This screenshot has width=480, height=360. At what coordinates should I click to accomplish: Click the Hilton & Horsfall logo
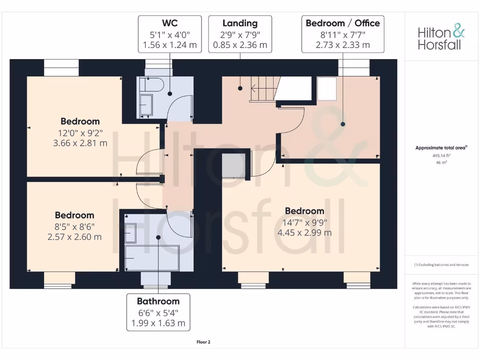[x=442, y=38]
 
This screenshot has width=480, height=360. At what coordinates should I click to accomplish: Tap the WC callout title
[x=169, y=23]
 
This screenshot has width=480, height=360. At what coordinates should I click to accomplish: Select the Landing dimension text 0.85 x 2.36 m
[x=240, y=45]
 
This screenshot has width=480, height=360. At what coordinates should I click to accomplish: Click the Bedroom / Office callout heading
[x=343, y=23]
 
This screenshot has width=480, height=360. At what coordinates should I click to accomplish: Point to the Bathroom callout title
[x=158, y=301]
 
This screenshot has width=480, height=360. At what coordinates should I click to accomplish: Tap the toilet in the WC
[x=154, y=85]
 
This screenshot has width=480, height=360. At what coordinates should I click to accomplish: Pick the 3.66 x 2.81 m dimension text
[x=80, y=142]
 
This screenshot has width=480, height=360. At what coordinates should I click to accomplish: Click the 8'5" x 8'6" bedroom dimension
[x=74, y=226]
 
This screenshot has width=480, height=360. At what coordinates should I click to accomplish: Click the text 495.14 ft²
[x=442, y=156]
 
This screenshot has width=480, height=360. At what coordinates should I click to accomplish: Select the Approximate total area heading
[x=442, y=148]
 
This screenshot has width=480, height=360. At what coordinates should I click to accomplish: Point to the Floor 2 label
[x=203, y=342]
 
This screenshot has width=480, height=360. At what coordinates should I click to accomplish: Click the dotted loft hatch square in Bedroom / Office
[x=327, y=88]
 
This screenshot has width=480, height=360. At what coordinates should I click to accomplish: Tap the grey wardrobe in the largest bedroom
[x=232, y=165]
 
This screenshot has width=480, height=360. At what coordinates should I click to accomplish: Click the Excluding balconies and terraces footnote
[x=441, y=265]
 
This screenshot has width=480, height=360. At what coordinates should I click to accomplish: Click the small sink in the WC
[x=146, y=104]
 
